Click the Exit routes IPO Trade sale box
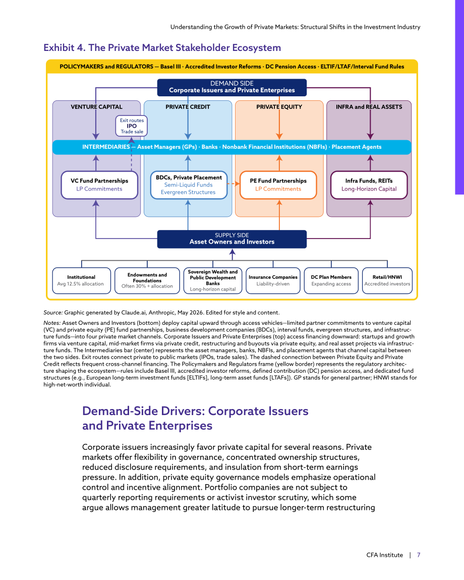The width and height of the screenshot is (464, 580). [132, 126]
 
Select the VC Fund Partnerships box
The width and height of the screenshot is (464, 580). [99, 185]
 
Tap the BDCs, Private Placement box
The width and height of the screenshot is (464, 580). [189, 185]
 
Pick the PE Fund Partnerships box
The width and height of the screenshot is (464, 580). [278, 185]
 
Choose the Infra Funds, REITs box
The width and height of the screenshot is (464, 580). [369, 185]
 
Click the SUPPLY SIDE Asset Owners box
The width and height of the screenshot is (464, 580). [232, 239]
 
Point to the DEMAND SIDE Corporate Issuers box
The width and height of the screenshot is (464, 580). [232, 87]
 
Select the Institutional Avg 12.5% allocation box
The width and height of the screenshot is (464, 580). [81, 280]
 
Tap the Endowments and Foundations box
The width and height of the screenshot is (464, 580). [147, 280]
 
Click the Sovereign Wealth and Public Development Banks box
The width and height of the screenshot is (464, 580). [213, 280]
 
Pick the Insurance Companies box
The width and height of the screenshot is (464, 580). [273, 280]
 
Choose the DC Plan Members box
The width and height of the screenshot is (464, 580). [331, 280]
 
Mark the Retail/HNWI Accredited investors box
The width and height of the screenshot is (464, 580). [387, 280]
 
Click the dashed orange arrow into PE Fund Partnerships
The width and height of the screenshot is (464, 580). [234, 184]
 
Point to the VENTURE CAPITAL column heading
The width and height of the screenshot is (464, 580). [96, 107]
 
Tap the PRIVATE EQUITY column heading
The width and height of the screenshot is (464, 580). [279, 107]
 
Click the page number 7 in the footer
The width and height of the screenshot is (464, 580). [419, 555]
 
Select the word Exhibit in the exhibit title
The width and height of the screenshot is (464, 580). [59, 48]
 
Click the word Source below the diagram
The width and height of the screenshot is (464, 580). [53, 313]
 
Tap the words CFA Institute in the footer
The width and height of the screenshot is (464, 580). [385, 555]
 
